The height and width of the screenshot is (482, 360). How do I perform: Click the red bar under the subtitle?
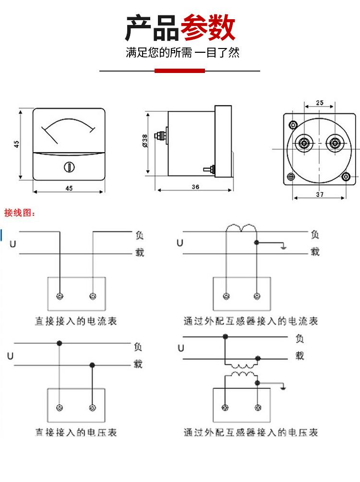pos(180,71)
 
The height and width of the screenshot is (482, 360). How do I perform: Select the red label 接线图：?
pos(20,213)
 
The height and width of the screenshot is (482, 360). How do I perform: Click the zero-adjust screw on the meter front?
pos(69,167)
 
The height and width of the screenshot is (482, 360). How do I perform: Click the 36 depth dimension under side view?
pos(195,187)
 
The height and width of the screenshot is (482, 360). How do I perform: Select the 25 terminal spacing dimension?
pos(320,102)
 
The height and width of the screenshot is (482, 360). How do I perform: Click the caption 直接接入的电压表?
pos(75,433)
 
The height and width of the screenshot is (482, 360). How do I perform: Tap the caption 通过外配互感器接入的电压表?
pos(251,433)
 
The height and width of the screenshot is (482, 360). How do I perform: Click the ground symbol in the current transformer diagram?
pos(284,247)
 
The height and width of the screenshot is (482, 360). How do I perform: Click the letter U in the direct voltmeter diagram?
pos(10,356)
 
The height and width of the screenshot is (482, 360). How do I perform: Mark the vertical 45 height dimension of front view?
pos(16,144)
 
